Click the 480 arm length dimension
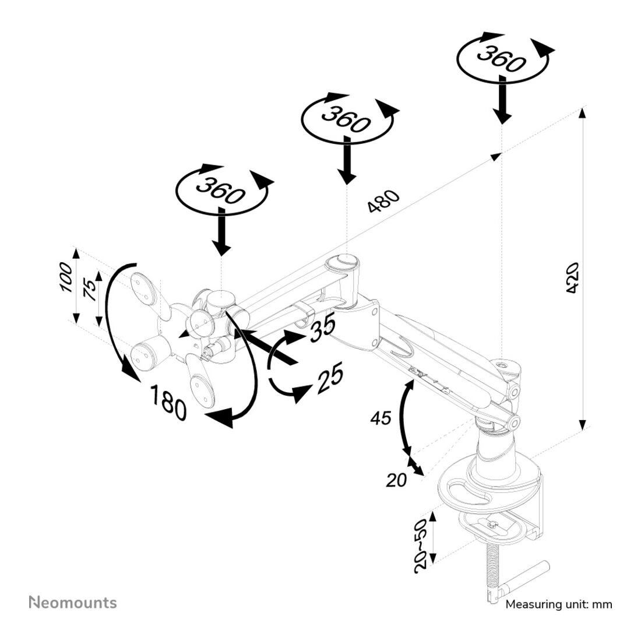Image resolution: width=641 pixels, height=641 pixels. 383,200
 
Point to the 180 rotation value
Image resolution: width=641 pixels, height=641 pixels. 168,403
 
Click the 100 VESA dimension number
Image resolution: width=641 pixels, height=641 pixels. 66,277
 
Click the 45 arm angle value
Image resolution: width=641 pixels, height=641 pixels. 381,418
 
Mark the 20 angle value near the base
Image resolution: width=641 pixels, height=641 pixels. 396,480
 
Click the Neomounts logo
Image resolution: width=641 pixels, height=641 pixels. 73,603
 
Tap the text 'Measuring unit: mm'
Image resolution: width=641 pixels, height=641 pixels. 559,604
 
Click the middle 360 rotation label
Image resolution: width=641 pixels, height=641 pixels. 346,119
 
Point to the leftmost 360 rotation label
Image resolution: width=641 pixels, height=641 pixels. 220,190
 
